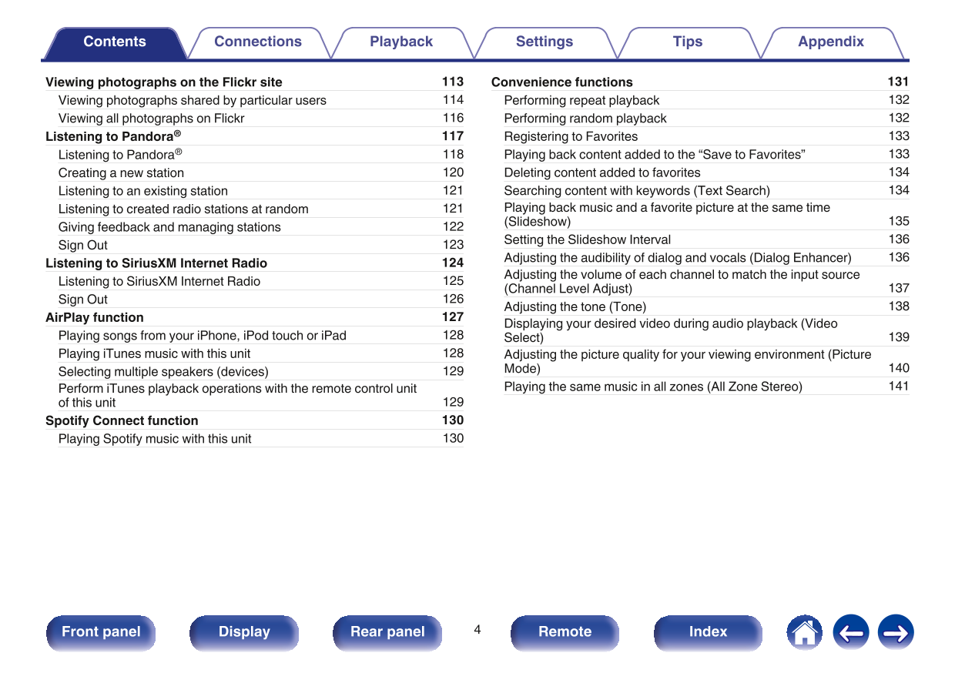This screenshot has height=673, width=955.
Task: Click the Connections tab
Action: point(258,42)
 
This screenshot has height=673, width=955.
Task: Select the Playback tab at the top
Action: point(401,42)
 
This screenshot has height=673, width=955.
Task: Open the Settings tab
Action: point(545,42)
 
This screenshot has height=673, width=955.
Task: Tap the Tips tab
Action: point(688,42)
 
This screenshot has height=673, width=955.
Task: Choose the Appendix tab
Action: point(831,42)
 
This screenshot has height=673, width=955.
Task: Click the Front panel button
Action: point(101,632)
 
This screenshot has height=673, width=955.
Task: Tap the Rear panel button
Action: point(387,632)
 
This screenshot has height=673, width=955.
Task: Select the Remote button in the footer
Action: point(565,632)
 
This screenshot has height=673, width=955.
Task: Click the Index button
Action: point(708,632)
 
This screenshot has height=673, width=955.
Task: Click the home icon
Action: point(804,632)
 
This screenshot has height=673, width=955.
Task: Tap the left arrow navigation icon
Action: point(850,632)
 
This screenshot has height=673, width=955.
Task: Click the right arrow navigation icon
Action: point(896,632)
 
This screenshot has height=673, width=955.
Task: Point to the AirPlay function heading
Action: point(95,317)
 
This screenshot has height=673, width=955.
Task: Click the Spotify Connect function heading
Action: point(122,420)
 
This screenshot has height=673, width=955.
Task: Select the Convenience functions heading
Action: point(562,82)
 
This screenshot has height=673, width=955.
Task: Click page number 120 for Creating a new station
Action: point(453,172)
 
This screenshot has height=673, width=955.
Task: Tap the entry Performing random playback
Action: point(585,119)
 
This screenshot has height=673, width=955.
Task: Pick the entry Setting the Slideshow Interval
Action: point(588,239)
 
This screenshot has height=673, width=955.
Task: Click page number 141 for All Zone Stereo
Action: point(899,387)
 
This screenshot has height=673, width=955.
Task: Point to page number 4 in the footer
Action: point(477,630)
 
